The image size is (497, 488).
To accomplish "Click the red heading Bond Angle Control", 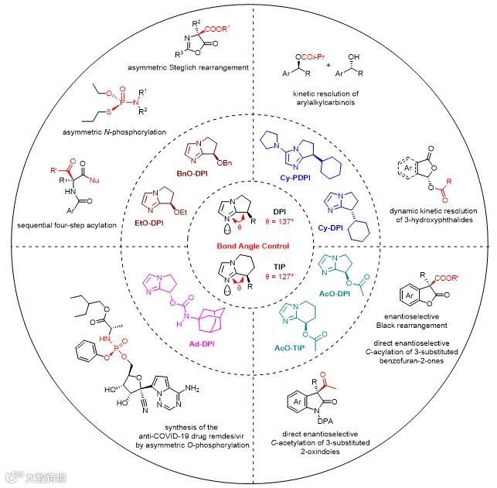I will (247, 245).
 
